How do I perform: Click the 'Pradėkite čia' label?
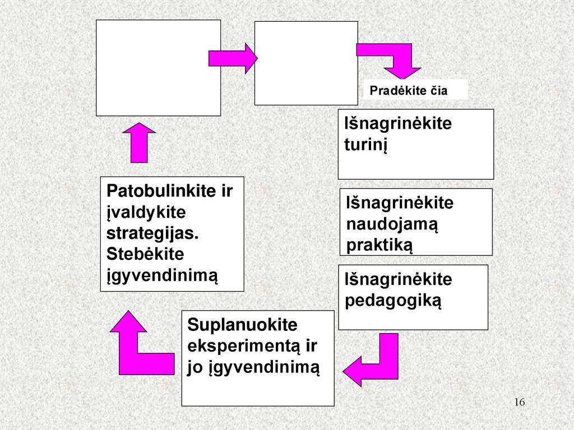click(x=408, y=90)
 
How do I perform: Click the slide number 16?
click(x=520, y=402)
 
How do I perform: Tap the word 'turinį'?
click(x=365, y=144)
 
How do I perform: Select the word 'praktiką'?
click(x=379, y=245)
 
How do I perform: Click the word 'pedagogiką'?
click(x=393, y=301)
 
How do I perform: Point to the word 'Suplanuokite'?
click(x=242, y=324)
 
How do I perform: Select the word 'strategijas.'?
click(x=152, y=234)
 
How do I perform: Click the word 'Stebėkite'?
click(x=145, y=254)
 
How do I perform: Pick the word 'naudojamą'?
click(x=392, y=224)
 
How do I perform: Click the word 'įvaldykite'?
click(x=146, y=212)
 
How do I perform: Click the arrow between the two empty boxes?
click(x=233, y=58)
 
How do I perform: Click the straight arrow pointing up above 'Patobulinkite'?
click(x=139, y=143)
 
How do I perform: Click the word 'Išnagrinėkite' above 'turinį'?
click(x=398, y=123)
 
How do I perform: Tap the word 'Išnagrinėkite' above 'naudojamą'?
click(x=400, y=203)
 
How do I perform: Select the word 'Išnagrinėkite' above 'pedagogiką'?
click(x=399, y=279)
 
